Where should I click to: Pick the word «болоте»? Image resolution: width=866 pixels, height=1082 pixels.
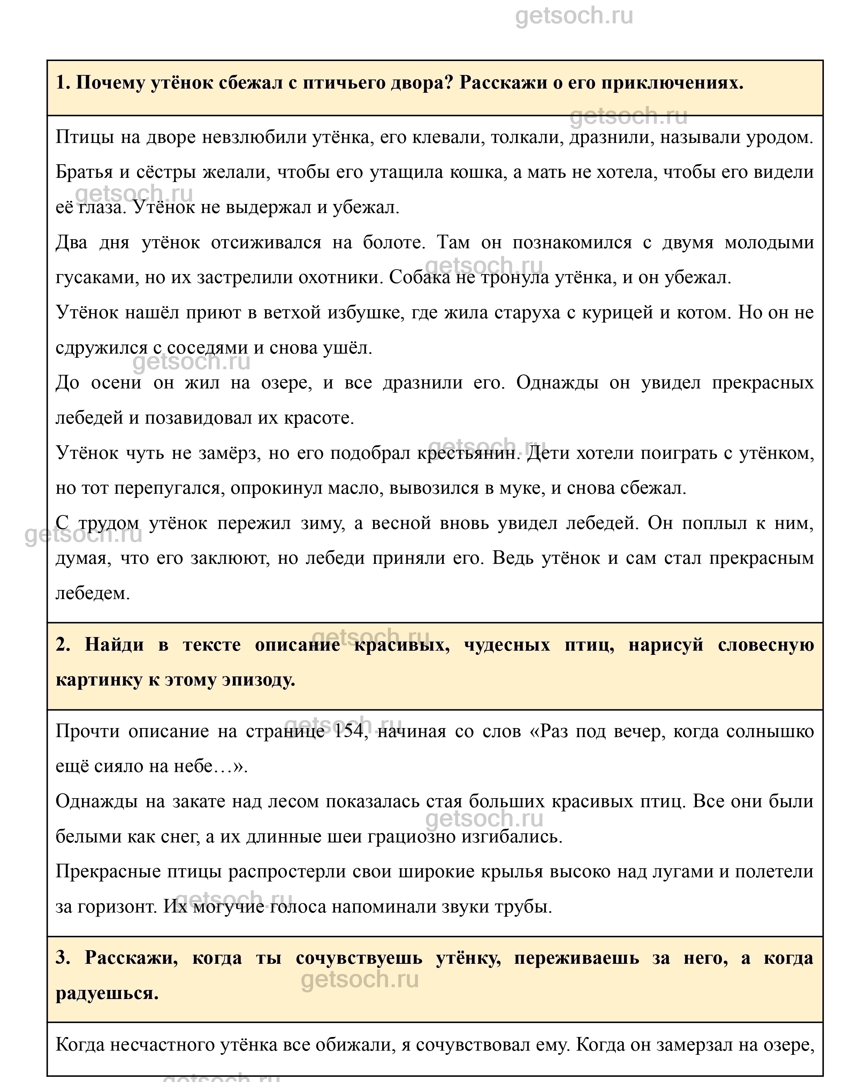click(x=394, y=242)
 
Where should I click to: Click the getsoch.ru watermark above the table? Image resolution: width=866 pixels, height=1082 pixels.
click(x=574, y=16)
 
